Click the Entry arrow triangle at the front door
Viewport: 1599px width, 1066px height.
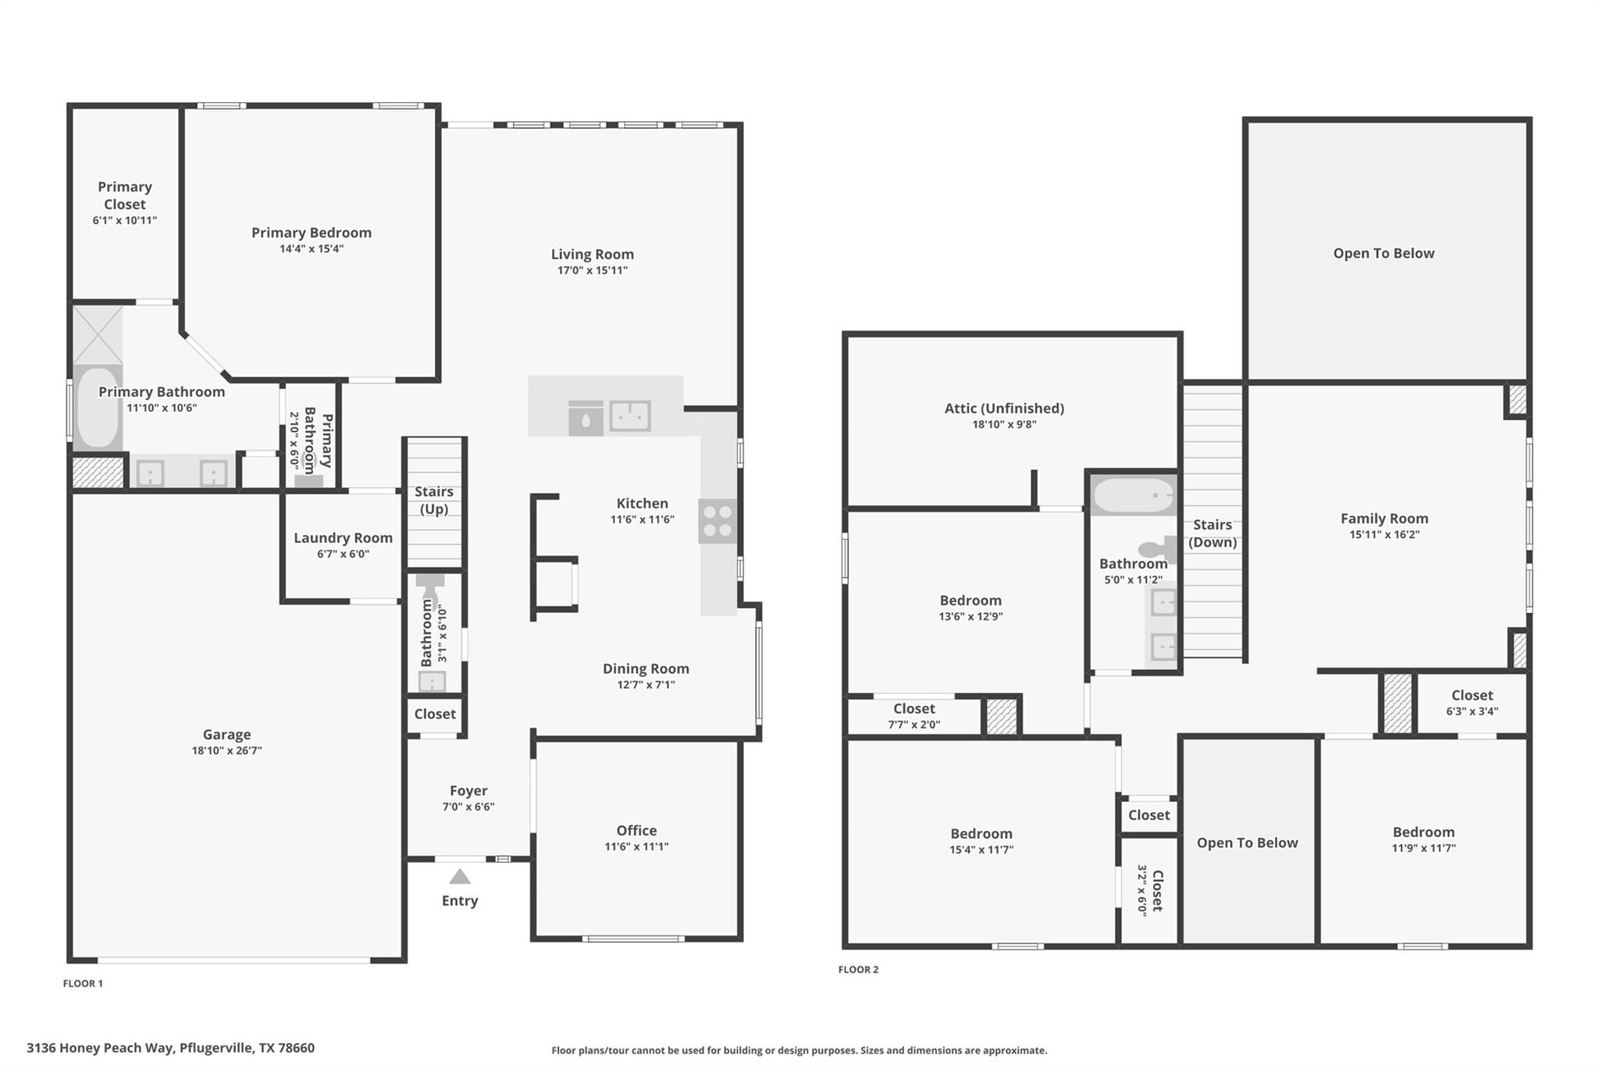click(460, 877)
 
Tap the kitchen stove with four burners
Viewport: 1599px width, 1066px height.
click(717, 522)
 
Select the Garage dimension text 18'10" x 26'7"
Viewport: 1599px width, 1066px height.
click(226, 750)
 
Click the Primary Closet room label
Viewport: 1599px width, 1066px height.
click(125, 195)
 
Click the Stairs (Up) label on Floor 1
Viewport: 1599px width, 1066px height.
click(434, 500)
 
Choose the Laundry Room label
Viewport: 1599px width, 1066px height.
click(343, 537)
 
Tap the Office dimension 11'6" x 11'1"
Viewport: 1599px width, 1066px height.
click(636, 847)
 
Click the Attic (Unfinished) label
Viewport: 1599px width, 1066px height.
click(1004, 408)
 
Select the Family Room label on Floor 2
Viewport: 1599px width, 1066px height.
click(1384, 518)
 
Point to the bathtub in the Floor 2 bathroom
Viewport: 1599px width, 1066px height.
click(1133, 495)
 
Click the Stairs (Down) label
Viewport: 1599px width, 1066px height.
click(1213, 533)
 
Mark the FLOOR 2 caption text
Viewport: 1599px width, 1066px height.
click(858, 969)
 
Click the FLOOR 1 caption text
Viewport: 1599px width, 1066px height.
click(83, 983)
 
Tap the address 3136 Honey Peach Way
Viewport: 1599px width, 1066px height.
click(170, 1048)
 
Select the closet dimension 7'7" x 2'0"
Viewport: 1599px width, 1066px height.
click(913, 725)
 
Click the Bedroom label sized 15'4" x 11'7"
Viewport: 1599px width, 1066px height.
click(981, 833)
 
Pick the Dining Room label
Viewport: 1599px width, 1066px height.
click(646, 668)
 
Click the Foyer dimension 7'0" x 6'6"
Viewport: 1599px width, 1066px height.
click(468, 807)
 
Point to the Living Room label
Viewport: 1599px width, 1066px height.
click(593, 254)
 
